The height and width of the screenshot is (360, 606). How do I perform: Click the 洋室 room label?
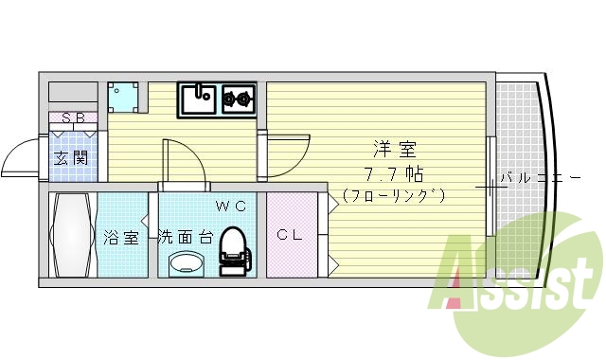pyautogui.click(x=395, y=150)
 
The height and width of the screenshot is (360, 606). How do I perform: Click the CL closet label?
pyautogui.click(x=290, y=235)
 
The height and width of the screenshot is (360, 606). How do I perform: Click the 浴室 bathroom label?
pyautogui.click(x=120, y=237)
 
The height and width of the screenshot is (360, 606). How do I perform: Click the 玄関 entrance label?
pyautogui.click(x=71, y=158)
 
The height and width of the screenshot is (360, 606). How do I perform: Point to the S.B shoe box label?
pyautogui.click(x=74, y=118)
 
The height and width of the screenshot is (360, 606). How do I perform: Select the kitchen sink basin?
pyautogui.click(x=199, y=99)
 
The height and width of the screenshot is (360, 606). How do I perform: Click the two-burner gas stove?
pyautogui.click(x=239, y=97)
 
